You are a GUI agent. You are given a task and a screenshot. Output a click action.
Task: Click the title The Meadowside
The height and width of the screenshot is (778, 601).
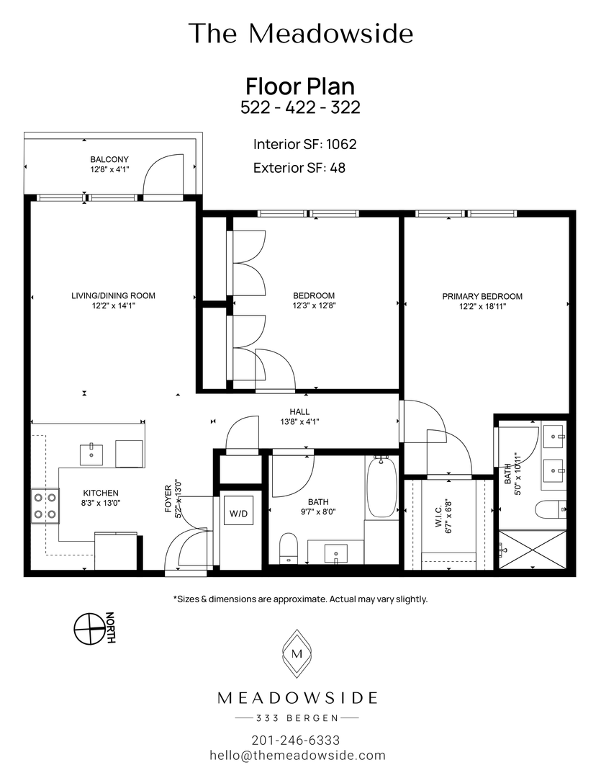pyautogui.click(x=300, y=34)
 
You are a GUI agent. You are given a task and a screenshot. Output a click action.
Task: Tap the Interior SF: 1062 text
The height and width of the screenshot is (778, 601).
pyautogui.click(x=304, y=144)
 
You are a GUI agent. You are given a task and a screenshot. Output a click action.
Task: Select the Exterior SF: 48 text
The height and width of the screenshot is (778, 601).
pyautogui.click(x=299, y=168)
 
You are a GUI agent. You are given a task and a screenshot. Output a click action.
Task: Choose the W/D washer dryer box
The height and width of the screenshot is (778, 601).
pyautogui.click(x=239, y=514)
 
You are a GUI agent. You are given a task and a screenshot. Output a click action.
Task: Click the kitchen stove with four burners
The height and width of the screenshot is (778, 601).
pyautogui.click(x=45, y=506)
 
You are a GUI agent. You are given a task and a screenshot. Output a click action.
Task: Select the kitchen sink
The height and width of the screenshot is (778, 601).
pyautogui.click(x=91, y=455)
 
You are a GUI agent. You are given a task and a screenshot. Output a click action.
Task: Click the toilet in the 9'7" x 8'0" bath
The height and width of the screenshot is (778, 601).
pyautogui.click(x=289, y=547)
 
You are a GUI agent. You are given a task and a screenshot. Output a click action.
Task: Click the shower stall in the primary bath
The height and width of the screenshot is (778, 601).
pyautogui.click(x=533, y=550)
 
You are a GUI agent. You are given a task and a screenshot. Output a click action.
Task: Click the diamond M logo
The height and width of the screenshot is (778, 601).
pyautogui.click(x=297, y=654)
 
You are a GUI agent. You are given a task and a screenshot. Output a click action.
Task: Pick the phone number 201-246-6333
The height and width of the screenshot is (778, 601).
pyautogui.click(x=296, y=740)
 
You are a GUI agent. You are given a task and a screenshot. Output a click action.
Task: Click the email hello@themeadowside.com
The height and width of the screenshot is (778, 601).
pyautogui.click(x=297, y=756)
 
